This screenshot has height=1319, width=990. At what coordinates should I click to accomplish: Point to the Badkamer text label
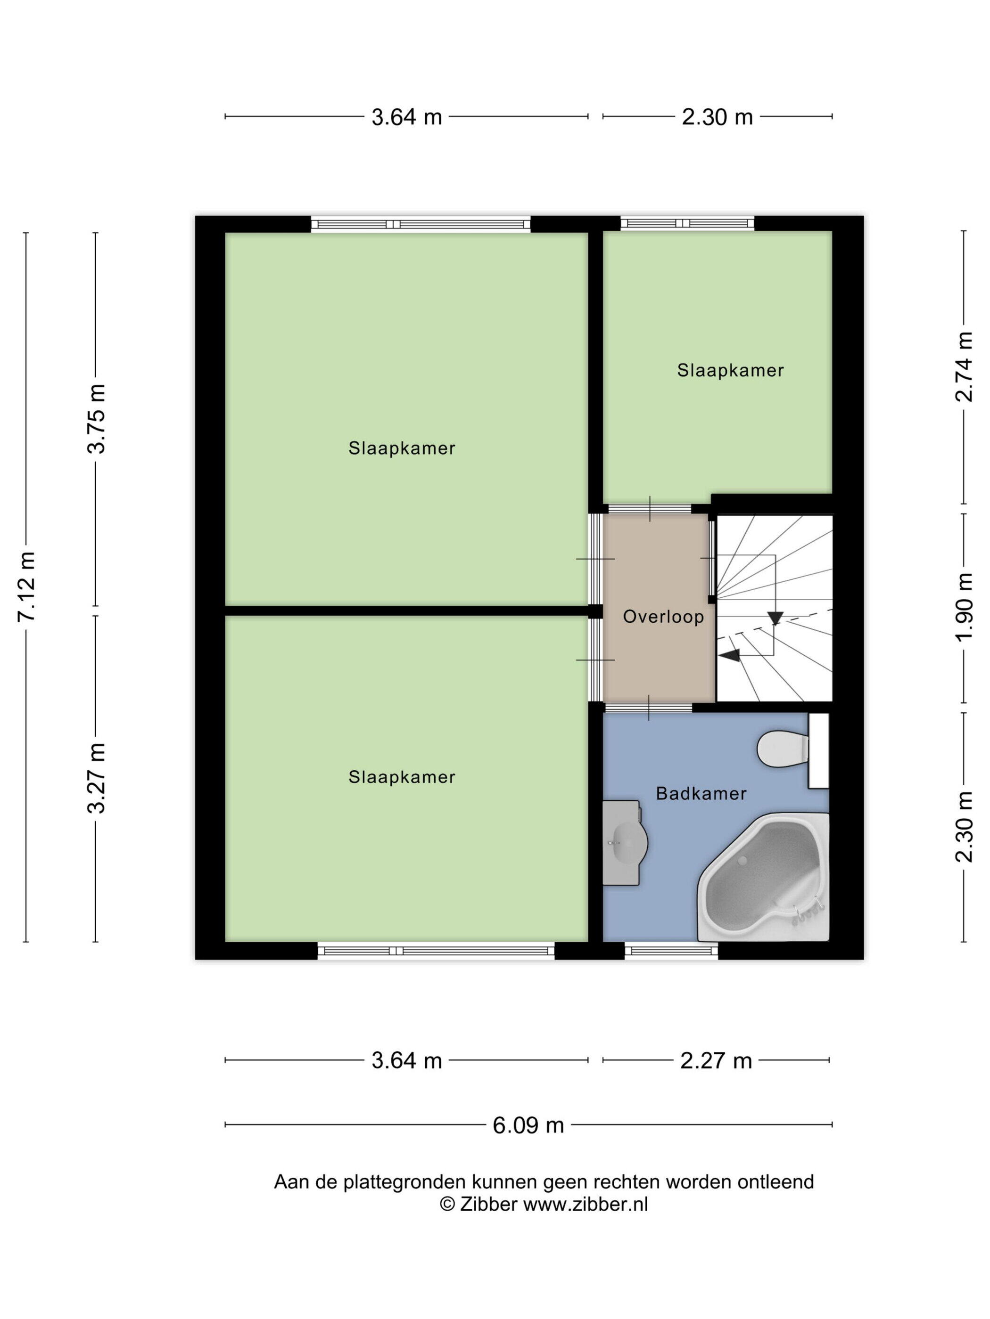(701, 794)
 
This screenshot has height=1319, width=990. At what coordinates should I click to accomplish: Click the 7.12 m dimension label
(27, 587)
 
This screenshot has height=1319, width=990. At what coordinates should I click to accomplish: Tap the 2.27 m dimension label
(716, 1061)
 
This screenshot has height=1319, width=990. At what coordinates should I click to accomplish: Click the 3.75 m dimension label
(96, 419)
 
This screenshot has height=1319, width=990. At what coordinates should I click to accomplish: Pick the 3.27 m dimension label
(96, 778)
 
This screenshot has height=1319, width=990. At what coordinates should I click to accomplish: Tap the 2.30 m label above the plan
(718, 117)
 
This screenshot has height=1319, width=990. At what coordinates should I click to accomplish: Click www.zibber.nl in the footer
(586, 1205)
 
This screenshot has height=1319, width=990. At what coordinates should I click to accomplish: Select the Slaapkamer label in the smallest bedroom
(730, 370)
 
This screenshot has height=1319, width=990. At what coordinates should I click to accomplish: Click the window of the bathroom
(671, 951)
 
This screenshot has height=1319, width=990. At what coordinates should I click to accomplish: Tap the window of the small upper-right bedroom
(687, 224)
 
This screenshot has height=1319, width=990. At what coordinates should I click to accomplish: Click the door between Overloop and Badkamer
(649, 708)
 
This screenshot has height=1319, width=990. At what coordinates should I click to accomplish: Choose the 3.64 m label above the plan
(406, 117)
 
